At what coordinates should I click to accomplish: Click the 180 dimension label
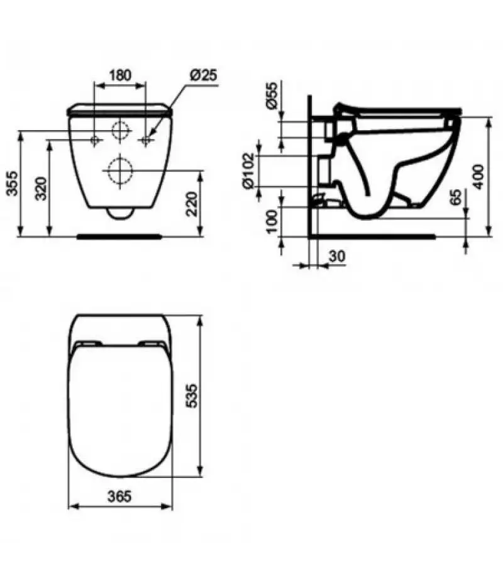120,75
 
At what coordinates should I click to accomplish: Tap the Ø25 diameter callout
203,75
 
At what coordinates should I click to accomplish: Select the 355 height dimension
13,183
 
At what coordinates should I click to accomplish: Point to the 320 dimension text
41,189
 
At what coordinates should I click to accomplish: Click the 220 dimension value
192,204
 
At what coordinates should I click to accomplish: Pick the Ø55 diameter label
272,95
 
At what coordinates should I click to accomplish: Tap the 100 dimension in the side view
272,221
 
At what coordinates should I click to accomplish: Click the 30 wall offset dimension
337,256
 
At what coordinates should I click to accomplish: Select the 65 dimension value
456,197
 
